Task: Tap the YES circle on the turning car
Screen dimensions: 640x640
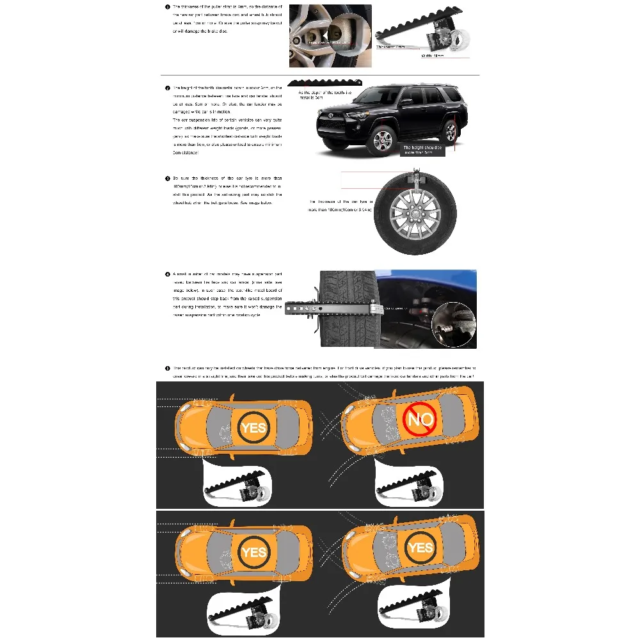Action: point(420,547)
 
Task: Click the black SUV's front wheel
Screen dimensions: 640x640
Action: point(382,140)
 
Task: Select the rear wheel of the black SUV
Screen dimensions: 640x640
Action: point(451,132)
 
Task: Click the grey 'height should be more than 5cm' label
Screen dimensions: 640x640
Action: point(422,150)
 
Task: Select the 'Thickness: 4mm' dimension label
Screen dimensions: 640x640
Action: point(390,47)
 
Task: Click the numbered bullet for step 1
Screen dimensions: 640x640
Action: point(168,6)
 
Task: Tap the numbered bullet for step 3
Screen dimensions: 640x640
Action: point(168,179)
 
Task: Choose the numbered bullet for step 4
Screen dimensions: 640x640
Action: point(168,274)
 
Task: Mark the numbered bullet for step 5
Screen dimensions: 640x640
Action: point(168,368)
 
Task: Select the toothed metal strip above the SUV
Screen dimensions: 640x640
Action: point(324,83)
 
